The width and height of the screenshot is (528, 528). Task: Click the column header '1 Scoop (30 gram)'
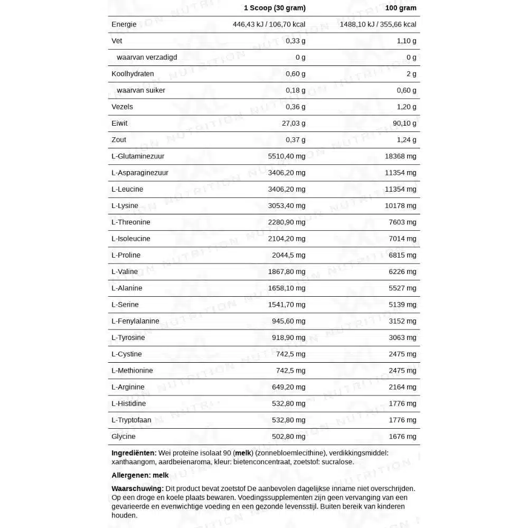275,8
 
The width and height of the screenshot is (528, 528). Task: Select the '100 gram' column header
401,8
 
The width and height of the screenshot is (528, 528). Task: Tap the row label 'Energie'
124,24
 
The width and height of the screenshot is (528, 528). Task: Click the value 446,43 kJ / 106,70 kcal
269,24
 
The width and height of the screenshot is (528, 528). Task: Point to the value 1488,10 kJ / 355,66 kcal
378,24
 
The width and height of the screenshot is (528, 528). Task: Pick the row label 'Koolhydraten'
133,74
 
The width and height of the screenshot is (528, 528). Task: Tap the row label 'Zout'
119,140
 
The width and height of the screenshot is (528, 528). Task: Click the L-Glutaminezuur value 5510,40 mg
287,156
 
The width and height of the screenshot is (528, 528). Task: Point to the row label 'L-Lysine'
125,206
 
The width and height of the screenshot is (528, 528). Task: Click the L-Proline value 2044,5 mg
289,255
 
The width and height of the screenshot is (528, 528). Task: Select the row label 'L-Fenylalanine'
135,321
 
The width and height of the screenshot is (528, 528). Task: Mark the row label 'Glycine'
124,437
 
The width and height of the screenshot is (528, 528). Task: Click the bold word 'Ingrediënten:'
134,453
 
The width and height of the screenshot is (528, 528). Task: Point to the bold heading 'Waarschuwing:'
137,489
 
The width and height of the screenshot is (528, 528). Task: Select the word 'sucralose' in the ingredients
337,462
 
